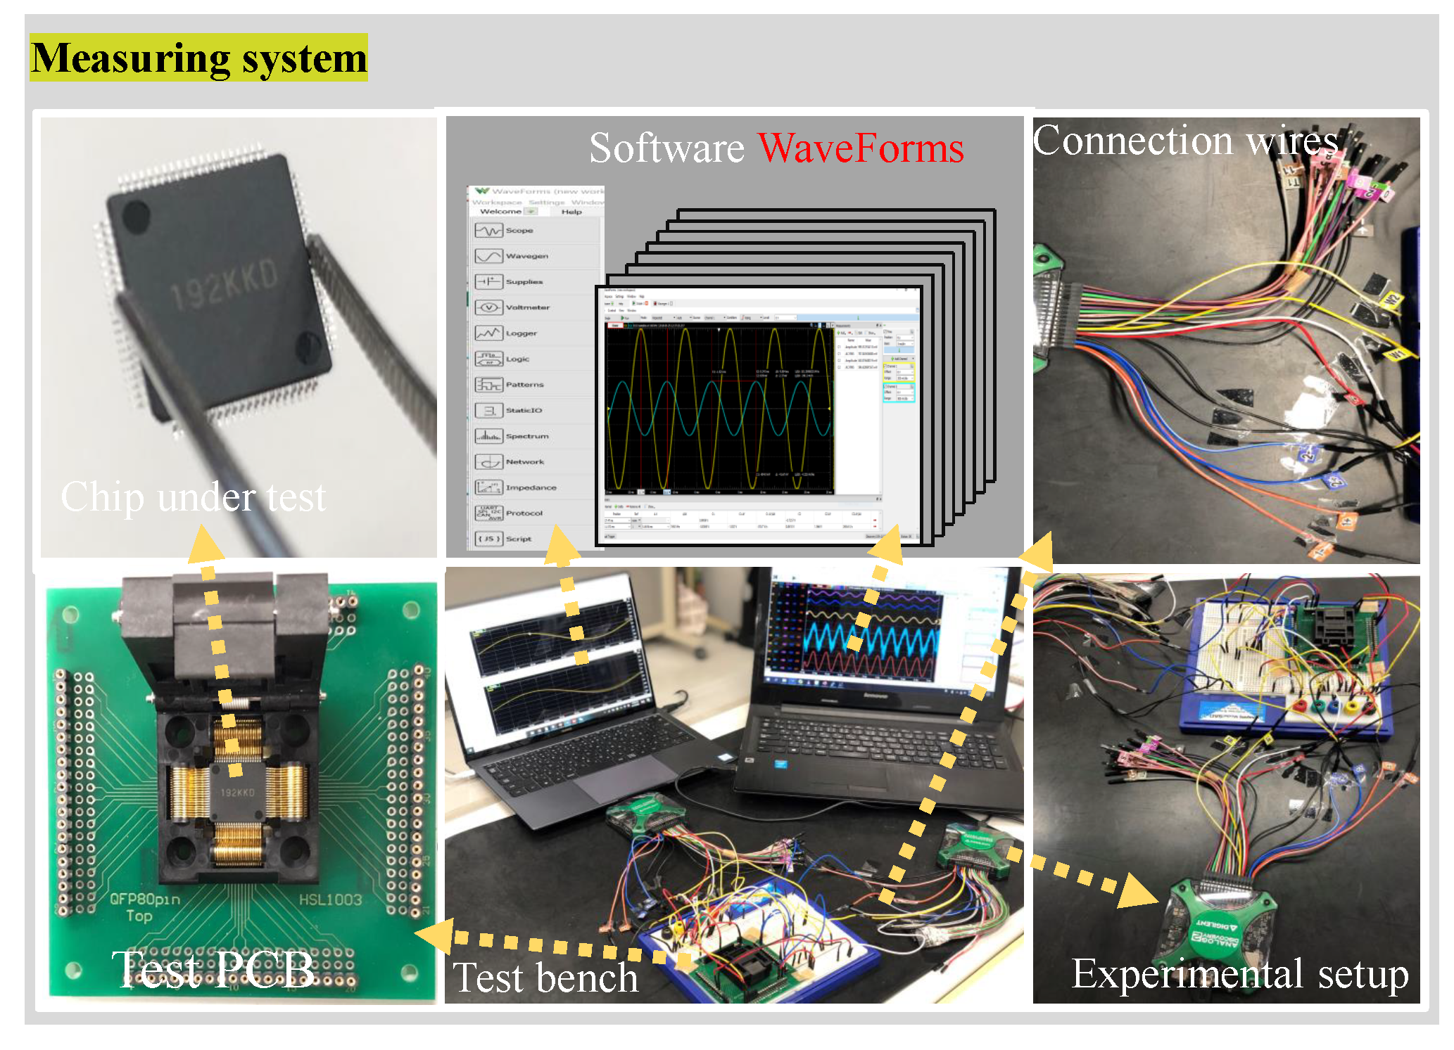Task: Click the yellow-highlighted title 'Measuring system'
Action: tap(198, 58)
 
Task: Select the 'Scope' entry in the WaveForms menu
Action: tap(519, 231)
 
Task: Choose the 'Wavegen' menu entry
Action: tap(526, 256)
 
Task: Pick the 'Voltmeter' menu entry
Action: tap(527, 307)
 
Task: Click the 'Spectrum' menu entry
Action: tap(526, 436)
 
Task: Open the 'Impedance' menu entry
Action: tap(530, 487)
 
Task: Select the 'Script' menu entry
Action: tap(518, 539)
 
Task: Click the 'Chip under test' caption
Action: tap(194, 497)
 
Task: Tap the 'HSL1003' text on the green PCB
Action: tap(330, 899)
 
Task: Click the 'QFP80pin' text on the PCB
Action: tap(145, 899)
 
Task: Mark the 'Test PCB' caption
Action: tap(213, 968)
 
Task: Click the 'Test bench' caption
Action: tap(545, 978)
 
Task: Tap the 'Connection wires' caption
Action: tap(1185, 141)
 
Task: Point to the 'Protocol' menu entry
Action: tap(524, 513)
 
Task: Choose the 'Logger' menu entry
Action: tap(521, 333)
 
